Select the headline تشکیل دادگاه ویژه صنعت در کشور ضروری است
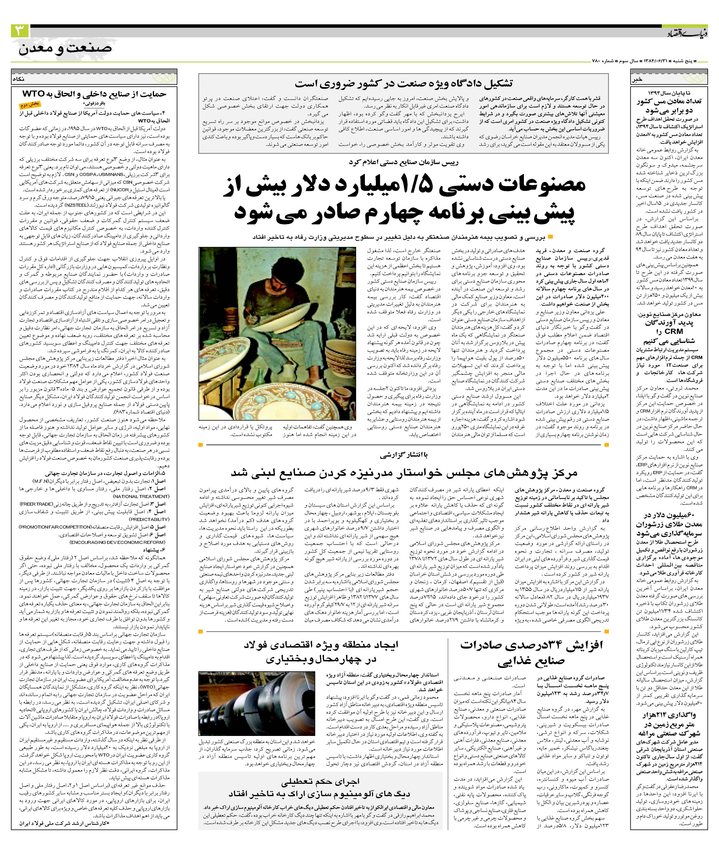404,84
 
